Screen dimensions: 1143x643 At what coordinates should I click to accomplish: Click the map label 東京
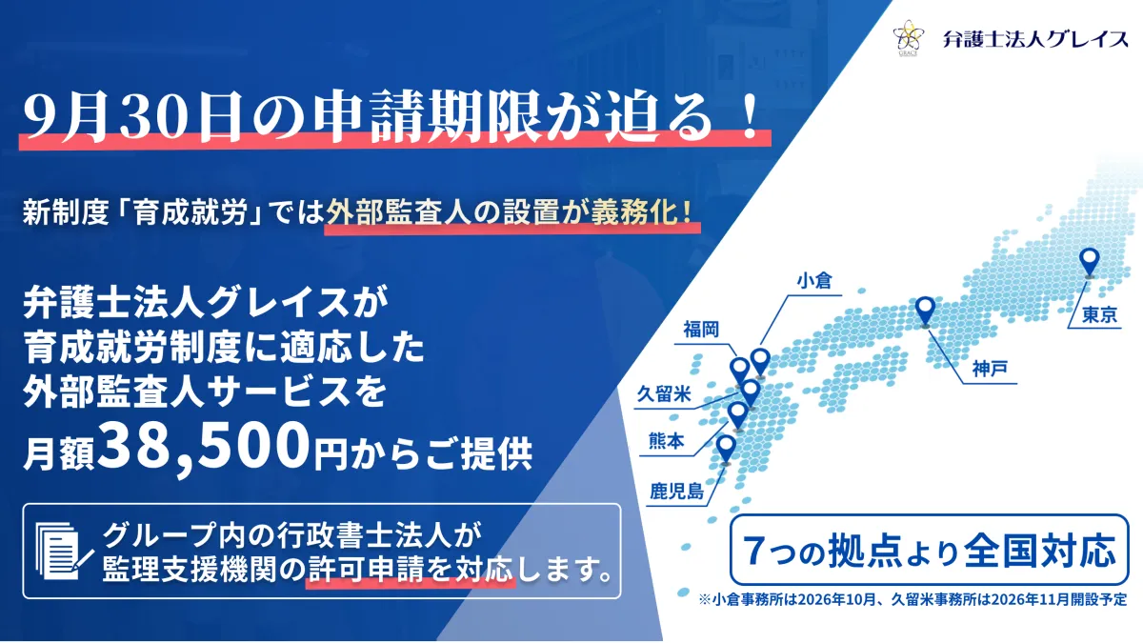1099,315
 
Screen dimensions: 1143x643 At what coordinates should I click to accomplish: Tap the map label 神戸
990,369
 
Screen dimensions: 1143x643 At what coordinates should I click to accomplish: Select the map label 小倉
815,281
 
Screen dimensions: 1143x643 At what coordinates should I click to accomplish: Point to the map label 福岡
701,330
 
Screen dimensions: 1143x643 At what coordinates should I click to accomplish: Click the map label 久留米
664,394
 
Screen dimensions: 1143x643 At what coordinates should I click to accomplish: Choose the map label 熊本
666,441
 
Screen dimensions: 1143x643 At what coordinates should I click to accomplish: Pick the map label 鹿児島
677,492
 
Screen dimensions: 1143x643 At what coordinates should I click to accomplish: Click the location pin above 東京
1090,262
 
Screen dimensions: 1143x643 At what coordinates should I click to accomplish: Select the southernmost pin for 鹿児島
726,450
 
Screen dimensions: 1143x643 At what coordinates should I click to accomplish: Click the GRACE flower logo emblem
909,37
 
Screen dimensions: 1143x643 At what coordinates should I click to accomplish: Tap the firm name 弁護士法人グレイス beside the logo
1035,39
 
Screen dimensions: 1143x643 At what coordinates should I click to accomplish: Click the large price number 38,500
203,447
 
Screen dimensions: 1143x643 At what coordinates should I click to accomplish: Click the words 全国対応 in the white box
1040,551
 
